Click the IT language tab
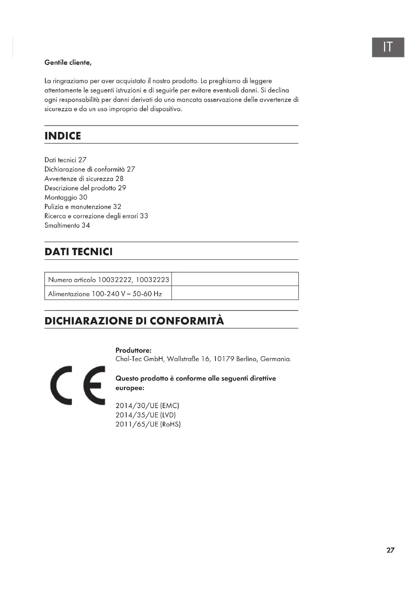pos(388,47)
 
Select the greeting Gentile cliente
pos(68,63)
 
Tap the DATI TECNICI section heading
pos(79,251)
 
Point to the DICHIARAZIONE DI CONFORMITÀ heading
pos(134,321)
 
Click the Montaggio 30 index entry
pos(66,197)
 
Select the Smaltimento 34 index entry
pos(67,225)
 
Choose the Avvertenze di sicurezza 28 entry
pos(84,179)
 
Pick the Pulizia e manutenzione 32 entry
pos(83,207)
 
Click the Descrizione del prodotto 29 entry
pos(85,188)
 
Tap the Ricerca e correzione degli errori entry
pos(96,216)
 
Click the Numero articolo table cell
pos(108,279)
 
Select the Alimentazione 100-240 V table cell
pos(105,294)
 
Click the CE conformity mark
pos(78,385)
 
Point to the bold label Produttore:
pos(133,350)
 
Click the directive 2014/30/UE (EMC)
pos(147,406)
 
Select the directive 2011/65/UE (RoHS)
pos(148,424)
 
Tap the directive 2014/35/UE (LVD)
pos(146,415)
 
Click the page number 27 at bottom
pos(390,550)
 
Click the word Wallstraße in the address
pos(183,359)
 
